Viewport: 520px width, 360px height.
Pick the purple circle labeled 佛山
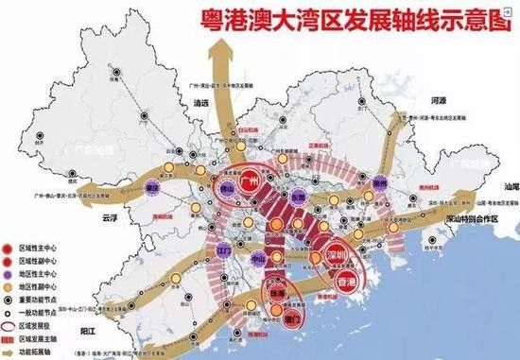[225, 187]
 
